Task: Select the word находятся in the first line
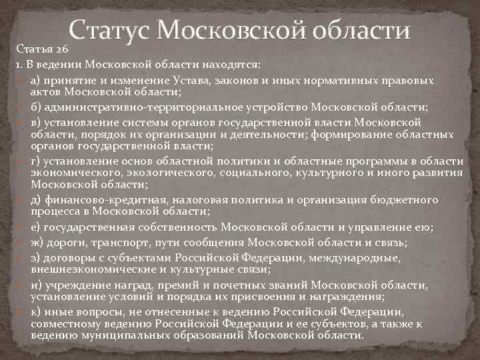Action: tap(237, 65)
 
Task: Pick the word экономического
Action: tap(73, 173)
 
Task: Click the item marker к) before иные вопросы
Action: tap(36, 311)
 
